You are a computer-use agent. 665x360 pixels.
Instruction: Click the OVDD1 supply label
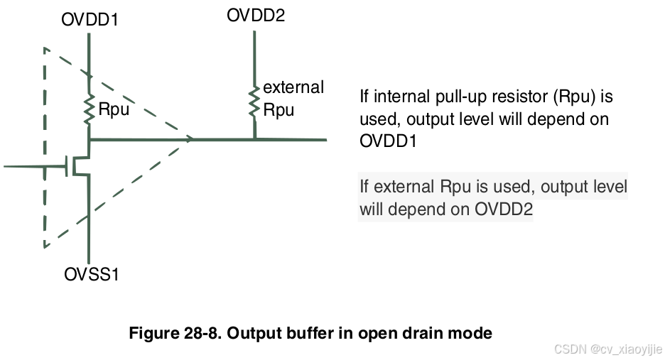(90, 20)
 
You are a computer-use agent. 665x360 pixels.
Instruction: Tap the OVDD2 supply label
(256, 15)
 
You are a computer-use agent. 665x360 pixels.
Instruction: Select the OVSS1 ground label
(90, 274)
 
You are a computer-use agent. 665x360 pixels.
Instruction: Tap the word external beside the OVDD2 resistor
(293, 87)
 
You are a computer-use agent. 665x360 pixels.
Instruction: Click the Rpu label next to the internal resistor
(113, 111)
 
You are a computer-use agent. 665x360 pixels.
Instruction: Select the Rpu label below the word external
(279, 110)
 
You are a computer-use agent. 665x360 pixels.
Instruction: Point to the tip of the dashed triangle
(192, 140)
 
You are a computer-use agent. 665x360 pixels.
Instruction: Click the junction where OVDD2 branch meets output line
(254, 140)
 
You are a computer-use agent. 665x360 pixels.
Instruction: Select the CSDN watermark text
(608, 349)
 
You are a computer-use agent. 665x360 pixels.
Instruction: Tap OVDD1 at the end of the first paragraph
(388, 141)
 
